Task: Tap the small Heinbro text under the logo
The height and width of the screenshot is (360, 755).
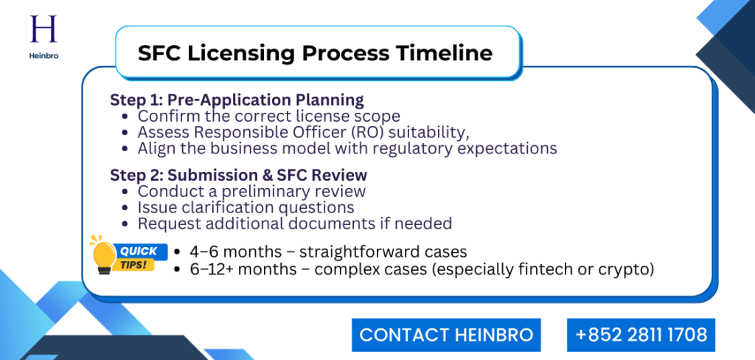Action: click(44, 55)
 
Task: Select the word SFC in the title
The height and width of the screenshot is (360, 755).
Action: click(160, 53)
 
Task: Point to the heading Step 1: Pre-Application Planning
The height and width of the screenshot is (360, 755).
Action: click(237, 100)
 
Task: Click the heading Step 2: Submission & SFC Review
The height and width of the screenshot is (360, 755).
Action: click(238, 176)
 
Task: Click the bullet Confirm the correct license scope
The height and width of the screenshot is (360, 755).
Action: click(268, 116)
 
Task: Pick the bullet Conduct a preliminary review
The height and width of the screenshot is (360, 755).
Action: click(251, 192)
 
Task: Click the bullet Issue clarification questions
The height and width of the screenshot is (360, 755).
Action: click(246, 207)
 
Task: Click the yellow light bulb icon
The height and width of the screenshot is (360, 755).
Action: click(103, 255)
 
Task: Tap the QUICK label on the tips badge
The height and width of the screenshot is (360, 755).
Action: click(138, 251)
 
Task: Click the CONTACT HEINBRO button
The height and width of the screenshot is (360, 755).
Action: click(446, 335)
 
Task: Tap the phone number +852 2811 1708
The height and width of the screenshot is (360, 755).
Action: click(641, 335)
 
